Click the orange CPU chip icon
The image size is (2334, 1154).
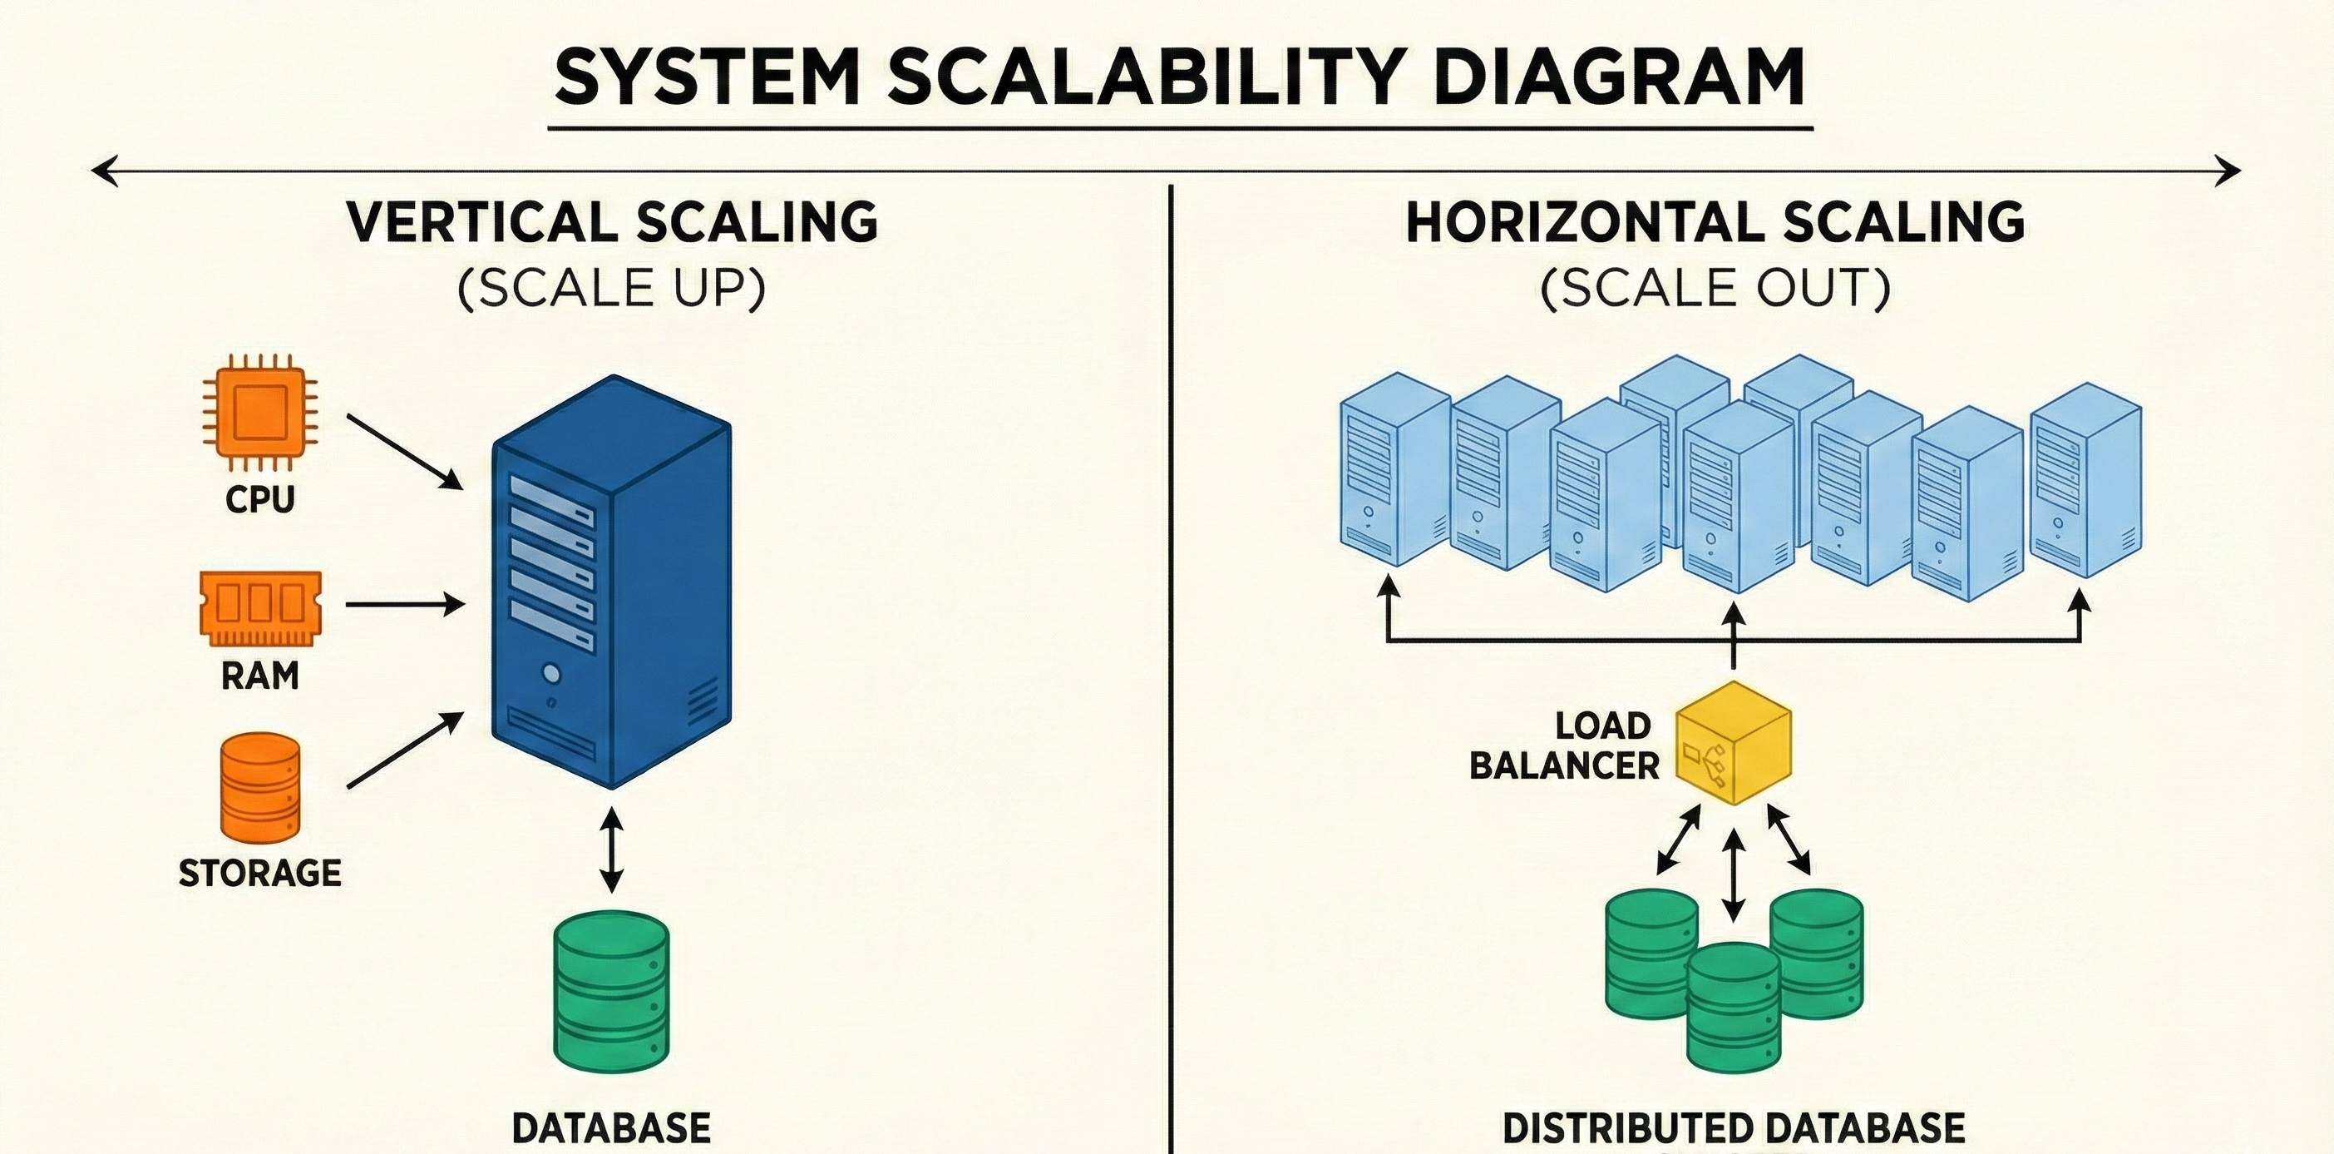pyautogui.click(x=259, y=414)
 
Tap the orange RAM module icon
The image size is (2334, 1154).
pyautogui.click(x=260, y=608)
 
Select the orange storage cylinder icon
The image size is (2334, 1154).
pyautogui.click(x=260, y=789)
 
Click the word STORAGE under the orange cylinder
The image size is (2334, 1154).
pyautogui.click(x=260, y=873)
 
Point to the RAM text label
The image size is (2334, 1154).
pyautogui.click(x=260, y=676)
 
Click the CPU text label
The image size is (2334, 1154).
pyautogui.click(x=260, y=498)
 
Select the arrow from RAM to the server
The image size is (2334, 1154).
pyautogui.click(x=405, y=604)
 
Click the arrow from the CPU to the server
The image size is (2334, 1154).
pyautogui.click(x=405, y=453)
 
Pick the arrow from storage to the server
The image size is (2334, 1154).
pyautogui.click(x=405, y=750)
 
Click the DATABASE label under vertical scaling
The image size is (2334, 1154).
pyautogui.click(x=612, y=1127)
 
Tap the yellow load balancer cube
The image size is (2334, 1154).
pyautogui.click(x=1734, y=742)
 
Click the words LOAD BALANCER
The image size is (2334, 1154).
pyautogui.click(x=1565, y=745)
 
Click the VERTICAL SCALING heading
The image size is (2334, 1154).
pyautogui.click(x=613, y=222)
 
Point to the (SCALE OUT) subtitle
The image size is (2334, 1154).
pyautogui.click(x=1715, y=288)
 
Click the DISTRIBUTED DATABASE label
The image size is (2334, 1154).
pyautogui.click(x=1734, y=1127)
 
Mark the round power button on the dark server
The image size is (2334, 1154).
pyautogui.click(x=549, y=675)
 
